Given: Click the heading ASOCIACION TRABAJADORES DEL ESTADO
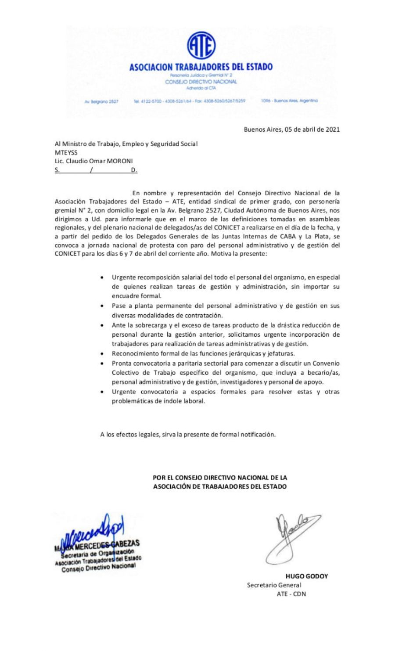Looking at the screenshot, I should click(201, 67).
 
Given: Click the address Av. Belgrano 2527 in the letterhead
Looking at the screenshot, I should click(101, 101).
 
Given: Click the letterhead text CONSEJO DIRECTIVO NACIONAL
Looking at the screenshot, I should click(201, 82).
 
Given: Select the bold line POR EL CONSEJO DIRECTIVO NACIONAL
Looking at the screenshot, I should click(220, 478).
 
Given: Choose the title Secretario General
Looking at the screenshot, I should click(274, 585).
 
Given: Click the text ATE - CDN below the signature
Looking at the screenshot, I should click(291, 594).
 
